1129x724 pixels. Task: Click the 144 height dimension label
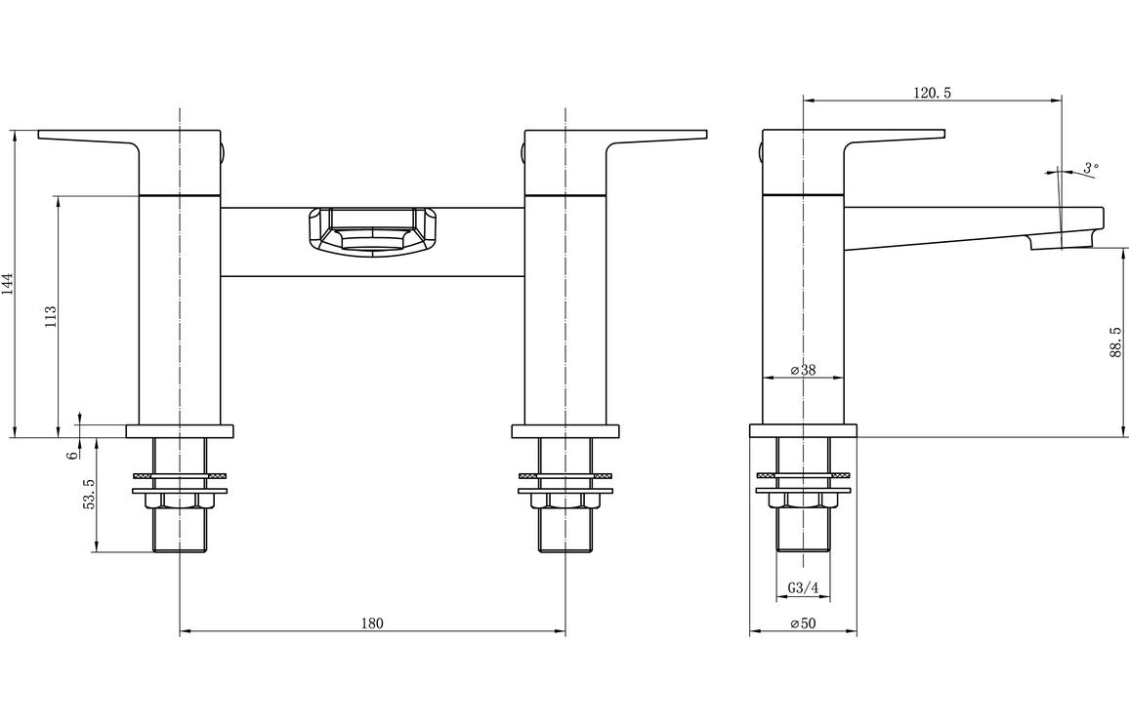pyautogui.click(x=8, y=284)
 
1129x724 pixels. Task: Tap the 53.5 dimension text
pyautogui.click(x=89, y=494)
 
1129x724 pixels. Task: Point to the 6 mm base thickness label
pyautogui.click(x=73, y=454)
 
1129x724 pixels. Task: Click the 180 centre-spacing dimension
pyautogui.click(x=372, y=623)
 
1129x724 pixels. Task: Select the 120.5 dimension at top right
pyautogui.click(x=931, y=93)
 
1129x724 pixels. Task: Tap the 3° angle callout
pyautogui.click(x=1090, y=168)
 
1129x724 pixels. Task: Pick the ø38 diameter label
pyautogui.click(x=803, y=371)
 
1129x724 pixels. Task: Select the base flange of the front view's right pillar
pyautogui.click(x=565, y=431)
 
